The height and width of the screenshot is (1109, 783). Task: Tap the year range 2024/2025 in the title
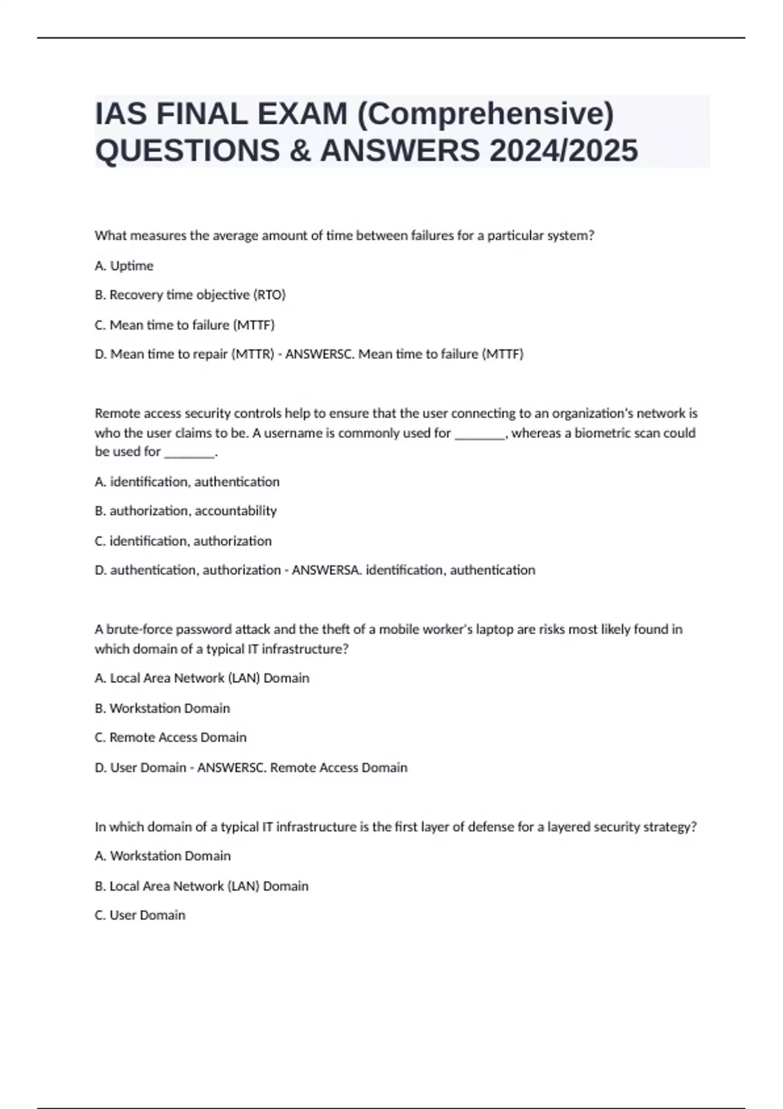[x=563, y=151]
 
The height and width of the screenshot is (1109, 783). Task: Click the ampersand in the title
[x=296, y=151]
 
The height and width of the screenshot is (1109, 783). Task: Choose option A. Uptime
[x=124, y=266]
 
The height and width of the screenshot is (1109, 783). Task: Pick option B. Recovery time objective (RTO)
[x=190, y=295]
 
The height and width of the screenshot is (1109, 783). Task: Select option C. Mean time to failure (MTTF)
[x=185, y=325]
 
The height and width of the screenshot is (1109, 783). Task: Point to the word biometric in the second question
[x=602, y=433]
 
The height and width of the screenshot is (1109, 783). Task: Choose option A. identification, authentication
[x=187, y=482]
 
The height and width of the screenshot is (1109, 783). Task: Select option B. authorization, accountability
[x=186, y=511]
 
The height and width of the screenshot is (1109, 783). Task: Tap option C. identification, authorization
[x=183, y=541]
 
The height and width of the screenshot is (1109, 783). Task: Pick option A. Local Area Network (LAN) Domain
[x=202, y=678]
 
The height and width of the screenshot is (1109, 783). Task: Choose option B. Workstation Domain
[x=162, y=708]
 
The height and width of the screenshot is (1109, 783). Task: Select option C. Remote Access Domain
[x=171, y=738]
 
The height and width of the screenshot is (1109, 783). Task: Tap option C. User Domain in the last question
[x=140, y=915]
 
